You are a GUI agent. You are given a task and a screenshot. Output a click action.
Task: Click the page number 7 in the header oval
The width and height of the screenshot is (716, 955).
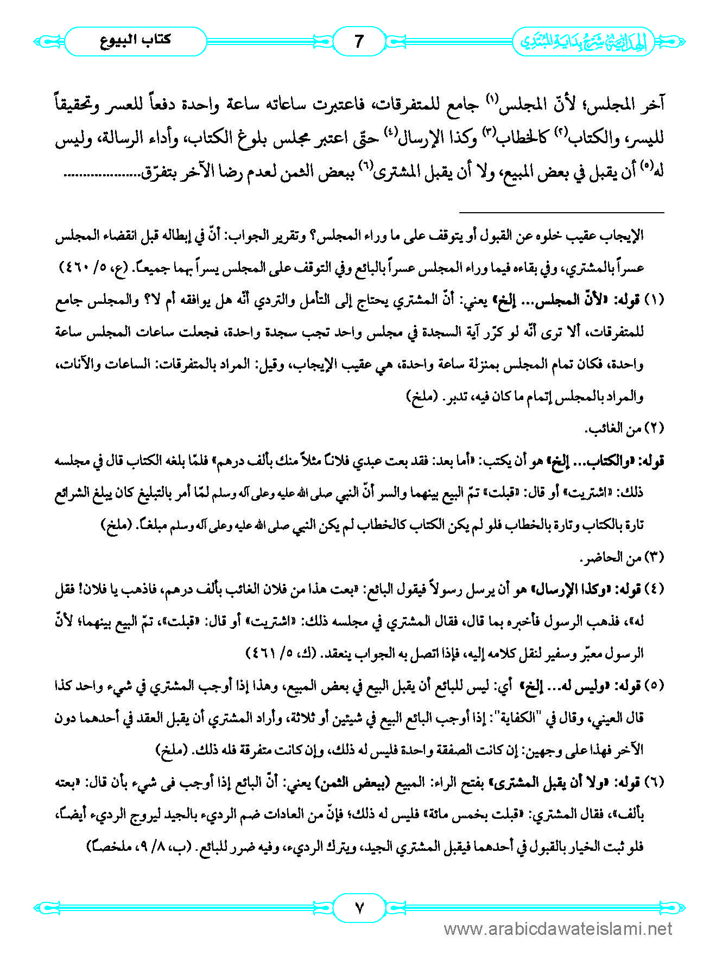coord(358,41)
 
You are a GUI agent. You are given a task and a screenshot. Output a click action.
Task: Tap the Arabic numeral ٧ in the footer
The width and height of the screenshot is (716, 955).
coord(359,907)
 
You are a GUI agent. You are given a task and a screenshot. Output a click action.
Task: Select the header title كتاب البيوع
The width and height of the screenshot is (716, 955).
coord(136,40)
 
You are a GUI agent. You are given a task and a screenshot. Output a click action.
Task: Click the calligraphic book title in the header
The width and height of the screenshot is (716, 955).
coord(584,41)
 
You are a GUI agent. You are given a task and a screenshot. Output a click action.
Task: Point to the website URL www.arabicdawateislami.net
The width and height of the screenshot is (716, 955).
coord(558,929)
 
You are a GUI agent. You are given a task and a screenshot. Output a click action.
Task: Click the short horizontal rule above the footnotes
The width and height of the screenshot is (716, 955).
coord(562,212)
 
